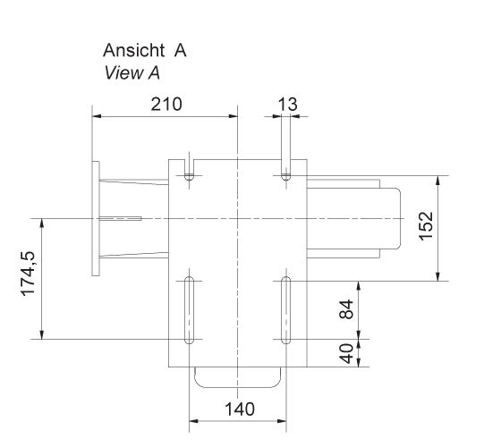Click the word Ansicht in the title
tap(133, 52)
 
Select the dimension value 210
tap(166, 104)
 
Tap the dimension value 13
tap(287, 104)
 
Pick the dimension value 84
tap(348, 310)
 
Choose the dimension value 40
tap(348, 352)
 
